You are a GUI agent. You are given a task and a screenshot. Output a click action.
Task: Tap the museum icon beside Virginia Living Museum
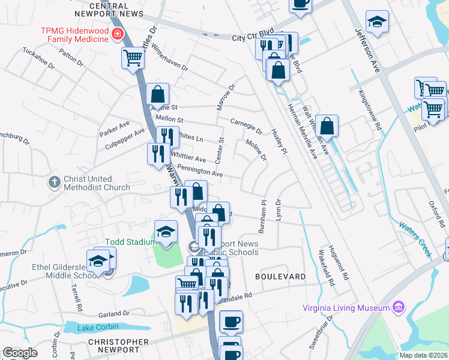[x=397, y=307]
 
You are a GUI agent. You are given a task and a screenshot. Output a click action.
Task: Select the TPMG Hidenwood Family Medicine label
[x=74, y=35]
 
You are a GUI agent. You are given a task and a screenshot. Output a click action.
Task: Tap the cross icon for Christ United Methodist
[x=54, y=181]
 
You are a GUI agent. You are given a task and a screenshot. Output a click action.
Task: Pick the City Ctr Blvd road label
[x=253, y=37]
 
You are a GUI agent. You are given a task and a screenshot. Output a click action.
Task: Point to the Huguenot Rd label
[x=346, y=263]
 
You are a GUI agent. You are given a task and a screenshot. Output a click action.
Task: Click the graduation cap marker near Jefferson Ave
[x=377, y=22]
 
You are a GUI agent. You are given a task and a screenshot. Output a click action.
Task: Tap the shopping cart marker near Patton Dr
[x=133, y=58]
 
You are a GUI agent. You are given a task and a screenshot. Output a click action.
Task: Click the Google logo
[x=20, y=353]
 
